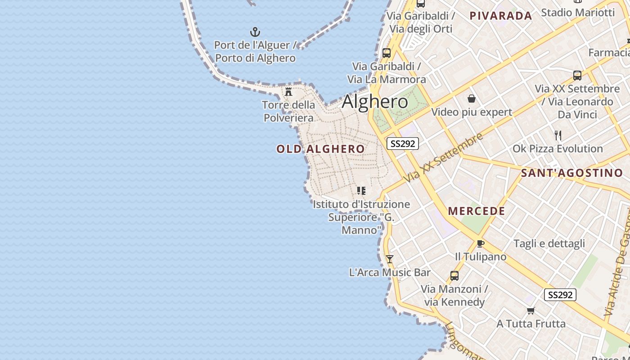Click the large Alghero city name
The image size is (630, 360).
375,102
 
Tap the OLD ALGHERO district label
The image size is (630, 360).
320,149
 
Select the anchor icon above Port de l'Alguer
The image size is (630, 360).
255,32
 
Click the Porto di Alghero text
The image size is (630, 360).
255,58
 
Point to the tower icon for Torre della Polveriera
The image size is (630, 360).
288,92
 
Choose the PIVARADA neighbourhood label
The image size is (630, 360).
501,16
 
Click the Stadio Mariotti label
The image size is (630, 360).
577,12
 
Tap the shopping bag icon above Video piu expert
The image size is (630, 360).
472,99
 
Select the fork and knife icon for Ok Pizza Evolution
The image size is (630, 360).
558,135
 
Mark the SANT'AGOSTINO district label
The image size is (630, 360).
572,173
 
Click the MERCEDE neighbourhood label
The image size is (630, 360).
477,211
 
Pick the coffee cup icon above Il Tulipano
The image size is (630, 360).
481,243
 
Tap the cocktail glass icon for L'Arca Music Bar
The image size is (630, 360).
390,259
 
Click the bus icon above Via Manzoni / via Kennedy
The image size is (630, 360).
454,275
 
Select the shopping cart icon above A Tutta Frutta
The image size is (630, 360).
531,310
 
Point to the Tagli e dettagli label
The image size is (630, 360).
549,243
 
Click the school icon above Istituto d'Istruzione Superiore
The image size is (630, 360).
361,191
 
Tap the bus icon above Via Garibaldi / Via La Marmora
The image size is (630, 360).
386,53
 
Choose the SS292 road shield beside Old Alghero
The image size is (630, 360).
403,144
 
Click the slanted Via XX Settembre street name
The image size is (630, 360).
443,157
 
